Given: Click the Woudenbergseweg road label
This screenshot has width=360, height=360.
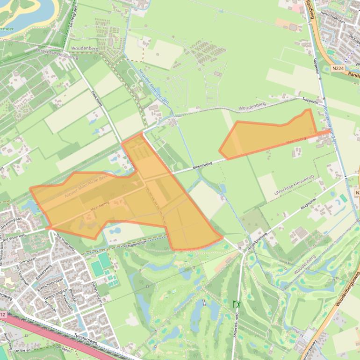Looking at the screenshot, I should [x=348, y=290].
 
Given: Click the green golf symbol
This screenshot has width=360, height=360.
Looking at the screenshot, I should [x=237, y=304].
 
